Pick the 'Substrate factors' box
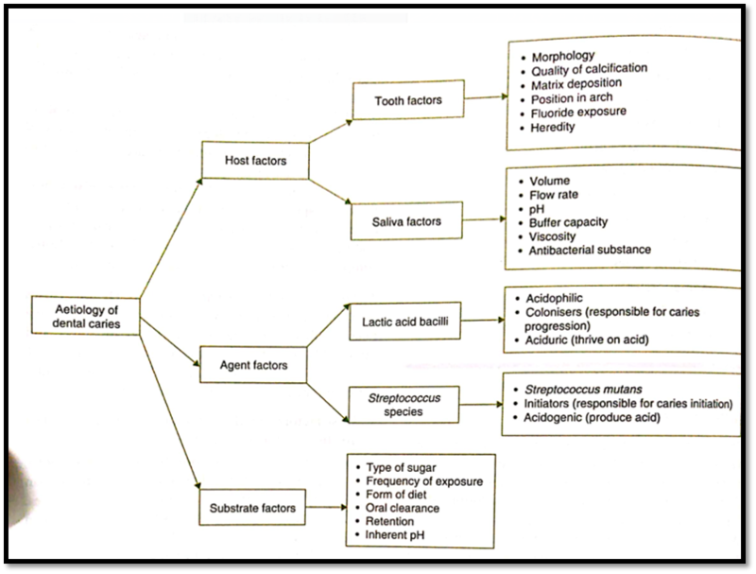coord(252,509)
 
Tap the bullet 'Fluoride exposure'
coord(578,113)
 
